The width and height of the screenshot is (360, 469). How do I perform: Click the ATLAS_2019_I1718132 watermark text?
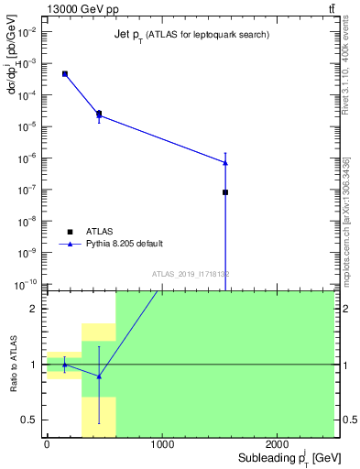coord(191,273)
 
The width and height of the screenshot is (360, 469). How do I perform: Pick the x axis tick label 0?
coord(47,444)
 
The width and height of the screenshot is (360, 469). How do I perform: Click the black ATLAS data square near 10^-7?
coord(225,192)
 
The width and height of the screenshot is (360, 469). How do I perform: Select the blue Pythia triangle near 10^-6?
coord(225,162)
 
